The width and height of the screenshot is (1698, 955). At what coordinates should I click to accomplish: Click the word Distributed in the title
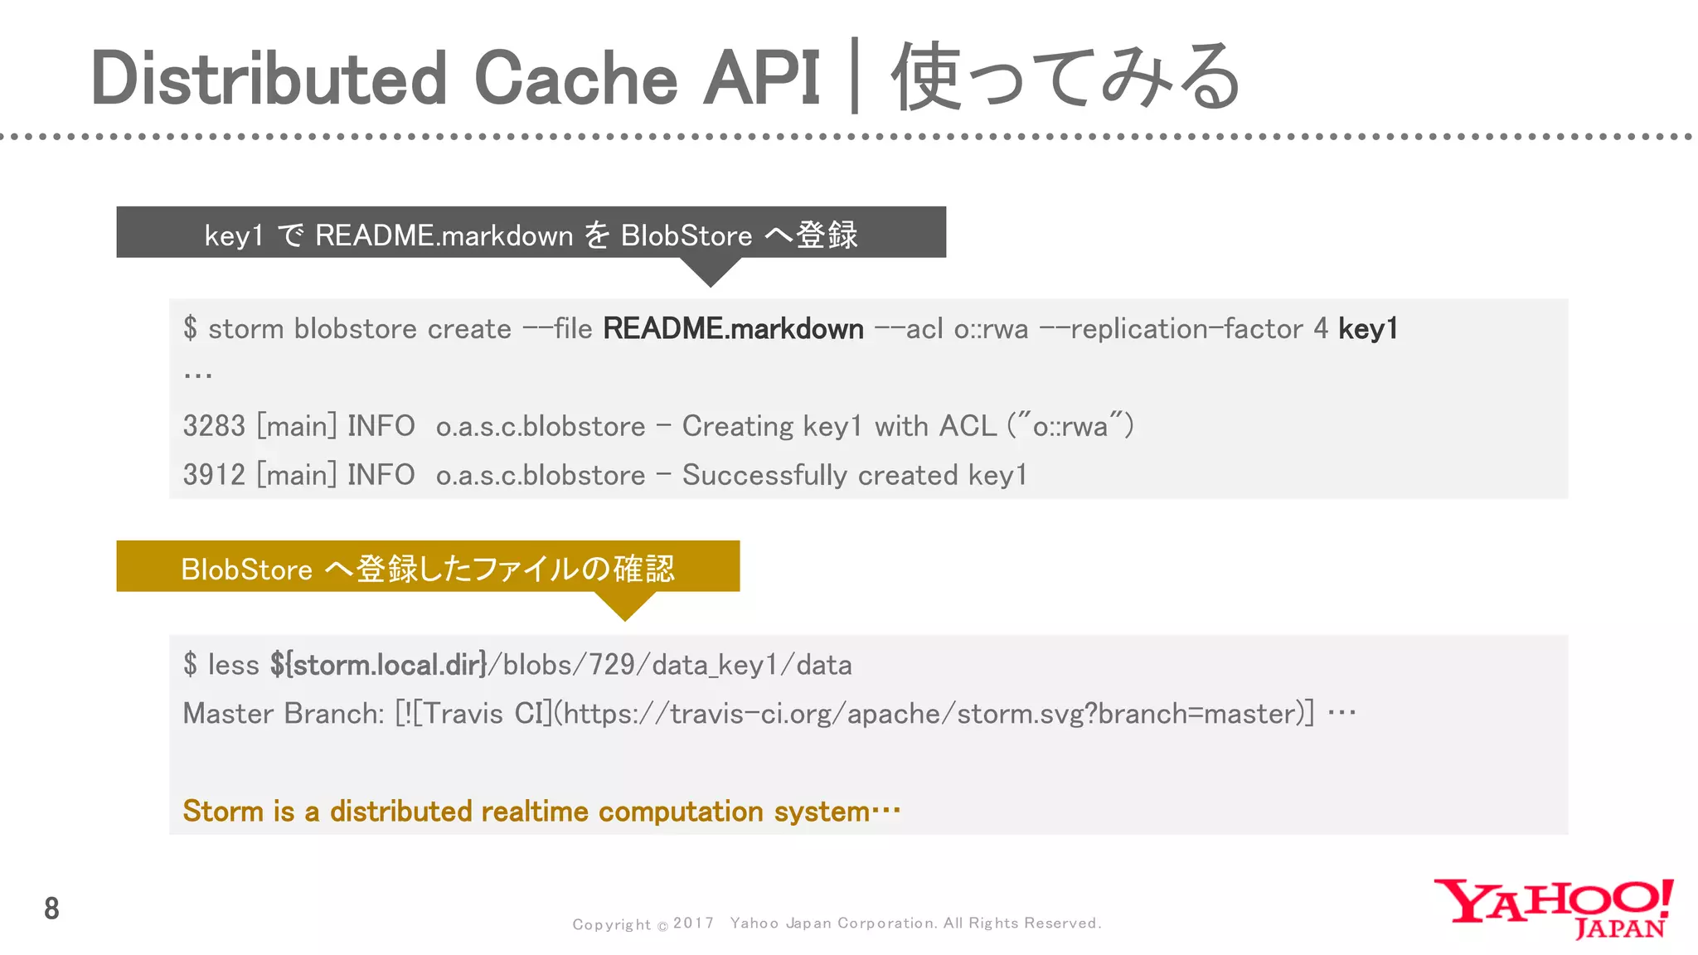269,79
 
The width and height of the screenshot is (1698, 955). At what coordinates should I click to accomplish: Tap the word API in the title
761,79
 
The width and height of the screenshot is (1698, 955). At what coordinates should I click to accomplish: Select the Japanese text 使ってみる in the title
1065,77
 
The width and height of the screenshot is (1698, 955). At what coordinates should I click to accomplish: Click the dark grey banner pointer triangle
711,271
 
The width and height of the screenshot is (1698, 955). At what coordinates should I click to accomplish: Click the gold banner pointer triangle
625,605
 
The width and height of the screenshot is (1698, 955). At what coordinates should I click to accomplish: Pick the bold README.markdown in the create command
733,329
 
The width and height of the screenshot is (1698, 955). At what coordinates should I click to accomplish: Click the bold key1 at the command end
1368,329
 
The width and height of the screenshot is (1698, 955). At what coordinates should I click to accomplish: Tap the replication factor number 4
1321,329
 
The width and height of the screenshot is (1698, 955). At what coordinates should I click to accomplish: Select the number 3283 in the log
214,426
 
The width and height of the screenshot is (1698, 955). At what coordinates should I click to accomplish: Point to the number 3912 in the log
214,475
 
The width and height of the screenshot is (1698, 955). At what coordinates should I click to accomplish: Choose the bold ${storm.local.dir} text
378,665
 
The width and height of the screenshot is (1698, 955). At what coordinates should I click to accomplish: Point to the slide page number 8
51,909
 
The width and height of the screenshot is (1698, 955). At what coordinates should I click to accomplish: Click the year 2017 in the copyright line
693,923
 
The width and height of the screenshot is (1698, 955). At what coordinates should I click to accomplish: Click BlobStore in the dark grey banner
686,235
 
